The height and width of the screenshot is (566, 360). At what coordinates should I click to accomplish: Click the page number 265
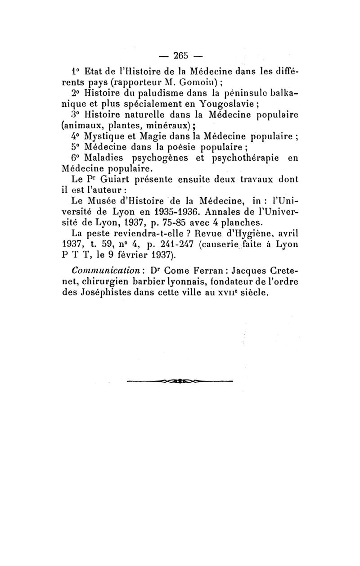(x=180, y=57)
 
